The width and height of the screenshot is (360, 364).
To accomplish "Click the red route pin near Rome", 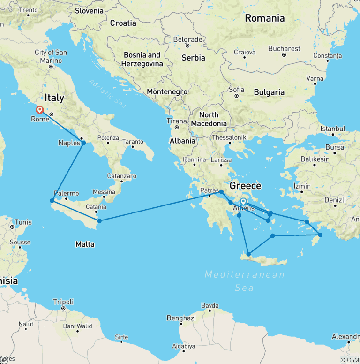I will (40, 110).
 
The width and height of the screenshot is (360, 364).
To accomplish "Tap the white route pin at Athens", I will (243, 202).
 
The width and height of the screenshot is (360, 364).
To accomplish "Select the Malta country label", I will (85, 244).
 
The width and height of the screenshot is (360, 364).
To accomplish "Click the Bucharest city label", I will (284, 48).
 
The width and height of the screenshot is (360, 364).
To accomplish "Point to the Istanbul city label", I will (333, 129).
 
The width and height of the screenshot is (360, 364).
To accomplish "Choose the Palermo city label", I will (66, 193).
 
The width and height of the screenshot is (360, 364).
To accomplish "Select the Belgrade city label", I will (187, 39).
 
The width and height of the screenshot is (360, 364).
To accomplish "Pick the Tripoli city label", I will (63, 302).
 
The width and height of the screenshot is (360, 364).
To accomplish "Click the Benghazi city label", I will (181, 318).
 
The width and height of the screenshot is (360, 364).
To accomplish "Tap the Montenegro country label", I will (167, 92).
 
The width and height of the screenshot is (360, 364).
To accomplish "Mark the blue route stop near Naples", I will (83, 143).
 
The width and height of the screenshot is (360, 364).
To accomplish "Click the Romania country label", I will (264, 18).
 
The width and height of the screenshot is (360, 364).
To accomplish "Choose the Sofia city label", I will (236, 89).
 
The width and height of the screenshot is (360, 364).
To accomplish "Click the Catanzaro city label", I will (121, 176).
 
